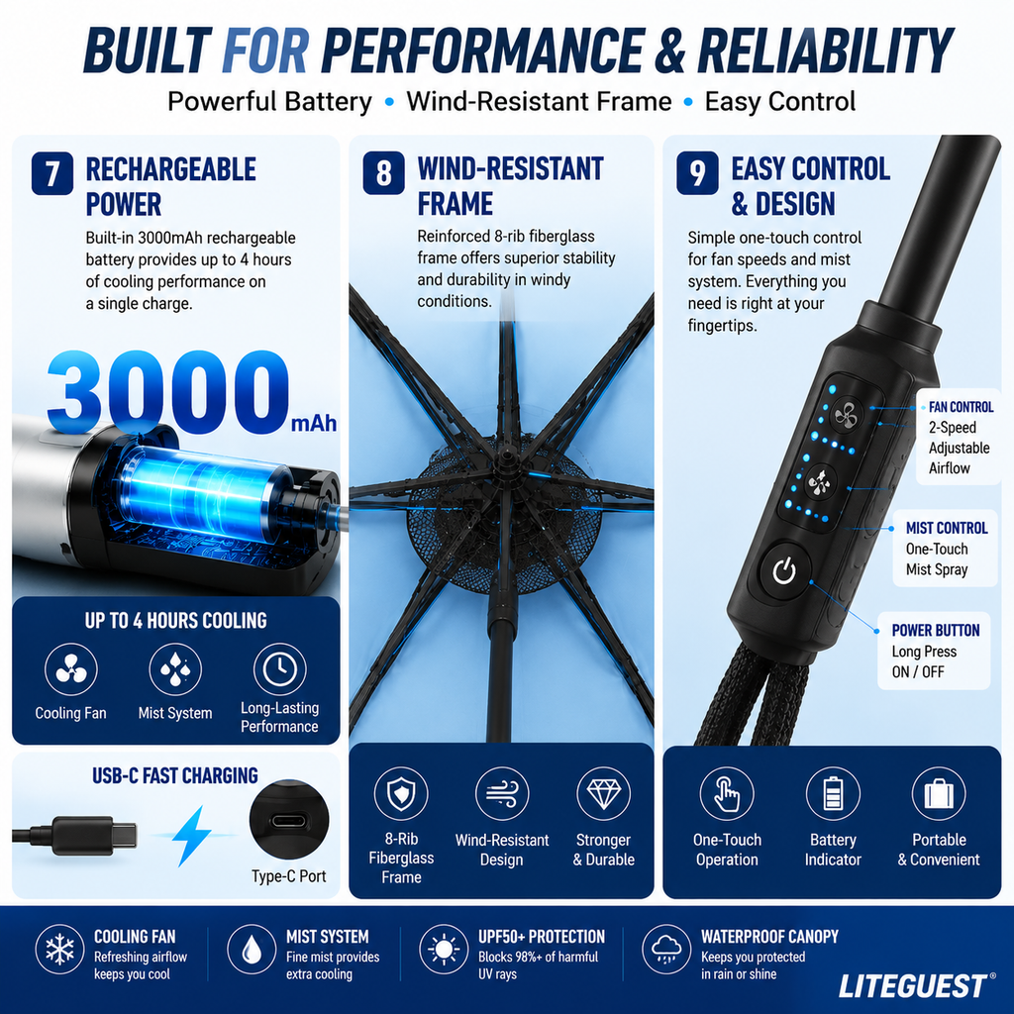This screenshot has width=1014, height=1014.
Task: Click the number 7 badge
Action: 52,173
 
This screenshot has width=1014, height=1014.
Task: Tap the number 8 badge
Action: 383,173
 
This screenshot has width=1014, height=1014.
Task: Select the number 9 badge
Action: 697,173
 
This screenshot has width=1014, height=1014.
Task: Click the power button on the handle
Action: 784,571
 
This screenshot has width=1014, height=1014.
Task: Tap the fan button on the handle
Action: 846,415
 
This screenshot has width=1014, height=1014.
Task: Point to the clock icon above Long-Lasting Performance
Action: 279,669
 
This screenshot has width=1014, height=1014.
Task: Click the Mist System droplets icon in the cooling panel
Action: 175,669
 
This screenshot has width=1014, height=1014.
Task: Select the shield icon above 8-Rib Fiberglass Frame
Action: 401,793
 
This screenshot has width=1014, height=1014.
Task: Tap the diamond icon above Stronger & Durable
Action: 603,793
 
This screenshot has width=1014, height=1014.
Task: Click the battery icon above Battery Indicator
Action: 833,793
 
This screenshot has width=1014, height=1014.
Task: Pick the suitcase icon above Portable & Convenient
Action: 939,793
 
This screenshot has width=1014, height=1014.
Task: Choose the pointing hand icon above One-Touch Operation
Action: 727,793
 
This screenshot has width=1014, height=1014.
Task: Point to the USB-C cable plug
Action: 94,836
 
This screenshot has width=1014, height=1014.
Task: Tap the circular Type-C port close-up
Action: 289,819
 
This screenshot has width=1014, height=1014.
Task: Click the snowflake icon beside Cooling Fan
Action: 59,950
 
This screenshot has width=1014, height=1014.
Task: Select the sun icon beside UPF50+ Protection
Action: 444,950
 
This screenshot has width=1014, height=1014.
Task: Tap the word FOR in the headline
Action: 265,51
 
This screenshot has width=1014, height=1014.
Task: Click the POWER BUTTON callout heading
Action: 935,631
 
